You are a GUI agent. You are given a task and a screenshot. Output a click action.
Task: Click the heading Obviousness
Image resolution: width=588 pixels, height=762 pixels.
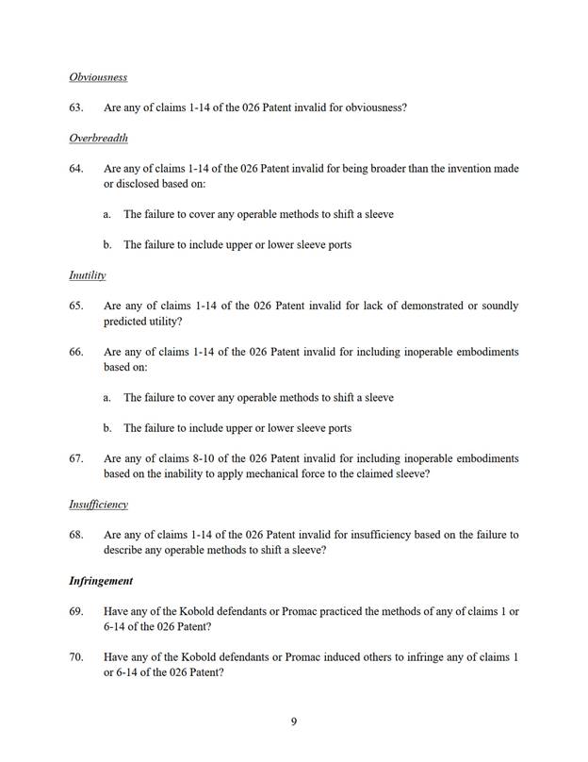98,76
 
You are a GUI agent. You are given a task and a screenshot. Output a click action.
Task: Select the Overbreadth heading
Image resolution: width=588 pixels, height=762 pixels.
98,138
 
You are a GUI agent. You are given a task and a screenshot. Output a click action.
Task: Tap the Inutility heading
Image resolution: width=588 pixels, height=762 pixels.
87,275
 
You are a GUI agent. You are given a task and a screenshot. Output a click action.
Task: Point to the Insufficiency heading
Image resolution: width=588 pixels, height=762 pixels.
98,505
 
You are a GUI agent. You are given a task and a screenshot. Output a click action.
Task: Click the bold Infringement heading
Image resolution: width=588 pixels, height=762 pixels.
101,581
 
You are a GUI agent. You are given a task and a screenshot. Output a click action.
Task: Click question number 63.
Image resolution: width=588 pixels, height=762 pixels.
76,108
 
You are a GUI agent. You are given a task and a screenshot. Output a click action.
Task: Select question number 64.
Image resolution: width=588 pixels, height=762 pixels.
76,169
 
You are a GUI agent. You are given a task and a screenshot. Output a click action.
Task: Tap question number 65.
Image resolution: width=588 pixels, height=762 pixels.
76,306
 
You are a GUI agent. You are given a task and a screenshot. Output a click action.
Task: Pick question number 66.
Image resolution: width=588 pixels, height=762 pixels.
76,352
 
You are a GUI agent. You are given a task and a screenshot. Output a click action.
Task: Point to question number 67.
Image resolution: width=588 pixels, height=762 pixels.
76,458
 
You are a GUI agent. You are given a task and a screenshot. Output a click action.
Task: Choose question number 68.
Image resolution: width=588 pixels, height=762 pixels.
76,535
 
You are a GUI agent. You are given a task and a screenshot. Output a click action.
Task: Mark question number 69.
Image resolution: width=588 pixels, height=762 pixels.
76,611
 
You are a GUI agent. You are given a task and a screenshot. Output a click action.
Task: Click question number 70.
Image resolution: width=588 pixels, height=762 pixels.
76,657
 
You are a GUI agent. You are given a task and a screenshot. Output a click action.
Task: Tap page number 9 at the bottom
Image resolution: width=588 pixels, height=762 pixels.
294,722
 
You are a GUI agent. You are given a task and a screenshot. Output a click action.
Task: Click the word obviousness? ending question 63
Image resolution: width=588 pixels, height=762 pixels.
376,108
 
